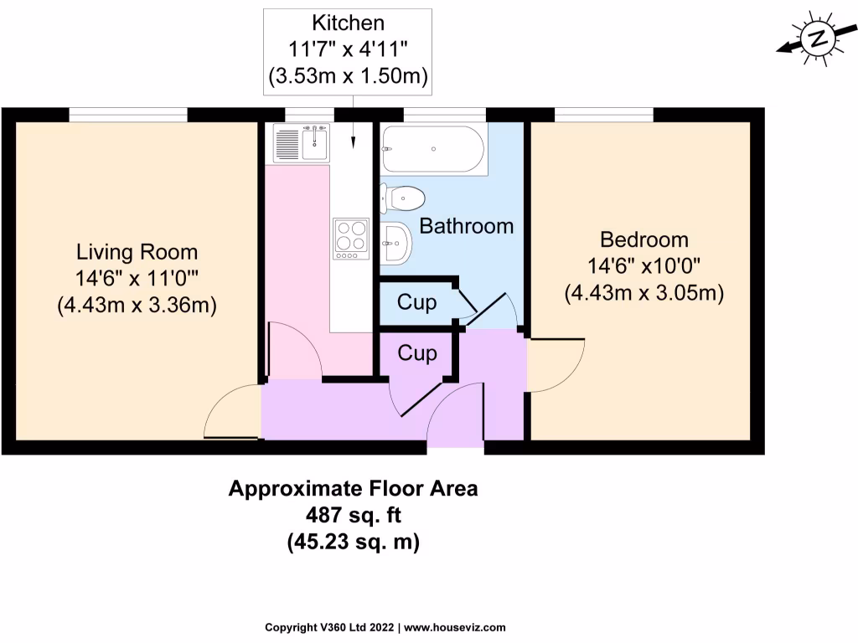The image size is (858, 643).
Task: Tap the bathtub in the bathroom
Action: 432,149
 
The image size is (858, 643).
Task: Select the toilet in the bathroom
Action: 403,198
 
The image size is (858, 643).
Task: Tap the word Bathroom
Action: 466,225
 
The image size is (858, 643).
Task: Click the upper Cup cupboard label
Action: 416,302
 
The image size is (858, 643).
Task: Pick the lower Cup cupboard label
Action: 416,353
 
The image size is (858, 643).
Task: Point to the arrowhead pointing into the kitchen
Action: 353,143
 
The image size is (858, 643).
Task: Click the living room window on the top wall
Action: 127,115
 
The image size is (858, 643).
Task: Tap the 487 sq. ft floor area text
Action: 353,515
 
